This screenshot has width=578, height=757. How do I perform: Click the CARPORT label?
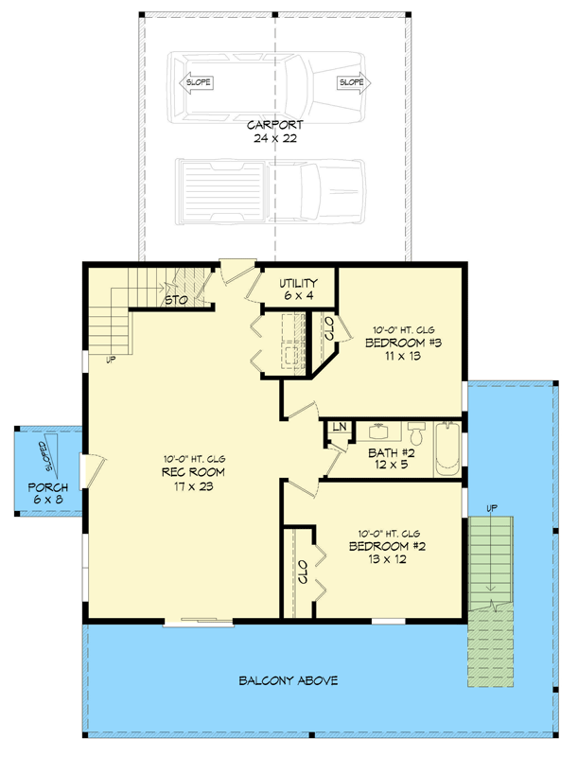point(274,125)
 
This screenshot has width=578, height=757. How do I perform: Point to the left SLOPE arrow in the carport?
point(198,83)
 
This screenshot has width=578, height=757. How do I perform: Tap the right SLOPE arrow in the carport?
point(351,83)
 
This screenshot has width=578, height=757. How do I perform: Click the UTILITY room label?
point(297,284)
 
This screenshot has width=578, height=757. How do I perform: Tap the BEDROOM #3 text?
point(403,343)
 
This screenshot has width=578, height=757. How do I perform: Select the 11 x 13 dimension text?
point(403,357)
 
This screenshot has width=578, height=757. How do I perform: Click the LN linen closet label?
point(337,429)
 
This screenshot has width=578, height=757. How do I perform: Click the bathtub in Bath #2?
point(447,450)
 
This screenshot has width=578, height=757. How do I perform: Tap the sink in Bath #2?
point(379,431)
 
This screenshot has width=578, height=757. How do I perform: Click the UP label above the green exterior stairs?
point(489,508)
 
